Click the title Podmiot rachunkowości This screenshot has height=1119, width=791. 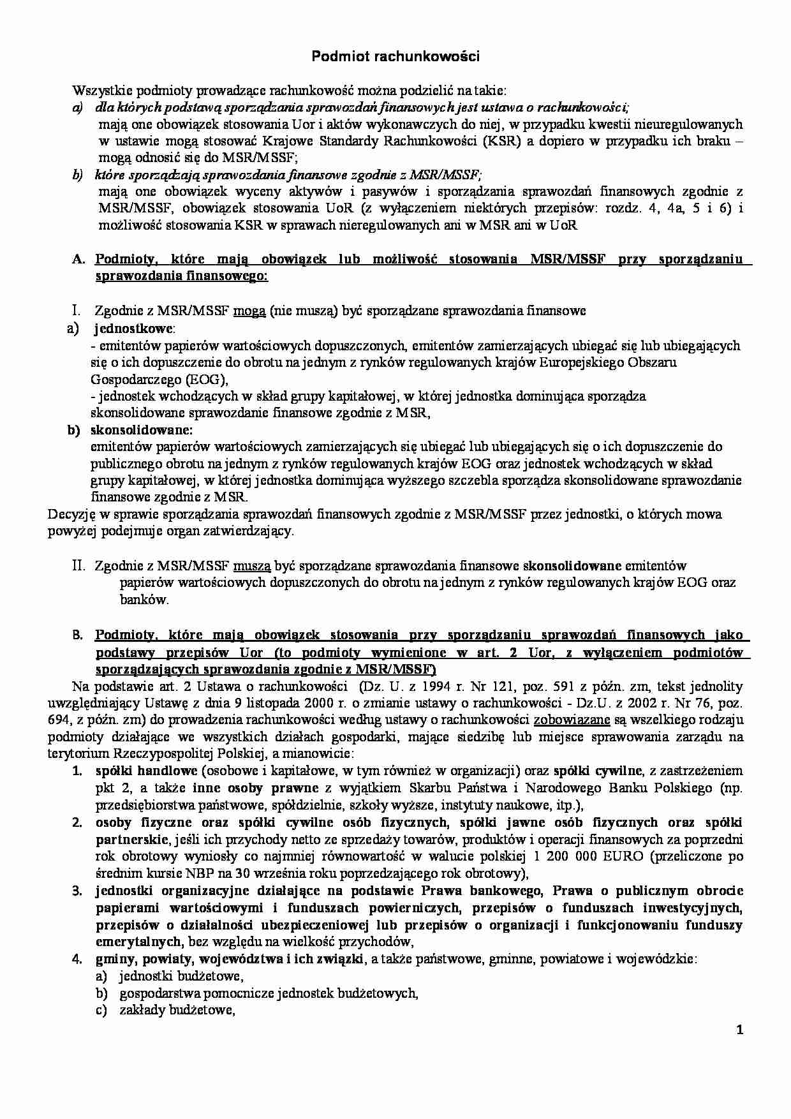395,57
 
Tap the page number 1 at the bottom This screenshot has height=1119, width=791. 739,1030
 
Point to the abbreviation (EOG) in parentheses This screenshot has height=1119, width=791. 207,380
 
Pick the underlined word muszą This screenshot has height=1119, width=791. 253,566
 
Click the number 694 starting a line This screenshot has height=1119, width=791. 58,720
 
